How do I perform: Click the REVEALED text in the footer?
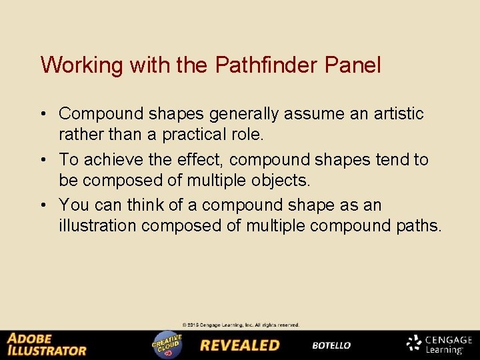click(x=240, y=345)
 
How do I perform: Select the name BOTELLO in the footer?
click(x=331, y=345)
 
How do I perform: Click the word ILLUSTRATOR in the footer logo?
click(x=47, y=350)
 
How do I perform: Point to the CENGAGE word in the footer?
click(x=449, y=340)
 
